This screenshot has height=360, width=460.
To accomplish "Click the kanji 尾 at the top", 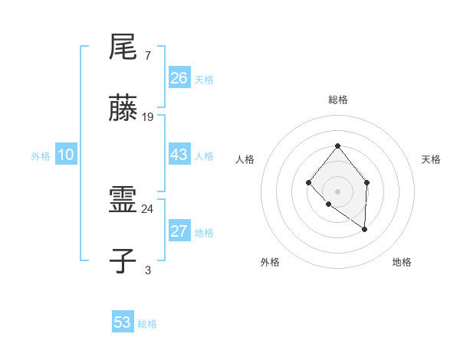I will point(123,47).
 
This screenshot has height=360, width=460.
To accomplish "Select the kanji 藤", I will point(123,109).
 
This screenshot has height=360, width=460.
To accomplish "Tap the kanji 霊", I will point(123,201).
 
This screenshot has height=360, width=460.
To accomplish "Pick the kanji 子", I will point(123,262).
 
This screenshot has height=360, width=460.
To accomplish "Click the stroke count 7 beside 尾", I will point(147,55).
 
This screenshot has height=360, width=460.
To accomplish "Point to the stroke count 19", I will point(148,116).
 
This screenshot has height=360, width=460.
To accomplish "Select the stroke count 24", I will point(148,208).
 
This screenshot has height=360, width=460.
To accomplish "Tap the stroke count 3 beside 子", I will point(147,270).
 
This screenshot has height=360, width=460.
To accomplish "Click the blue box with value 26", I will point(179,77).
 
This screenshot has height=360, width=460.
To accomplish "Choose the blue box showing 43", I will point(179,154).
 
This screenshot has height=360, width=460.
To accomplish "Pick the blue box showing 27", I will point(179,231).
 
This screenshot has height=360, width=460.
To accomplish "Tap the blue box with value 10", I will point(66,155).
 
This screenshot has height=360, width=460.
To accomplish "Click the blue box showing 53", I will point(123,322).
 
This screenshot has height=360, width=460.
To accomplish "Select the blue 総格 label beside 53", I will point(147,324).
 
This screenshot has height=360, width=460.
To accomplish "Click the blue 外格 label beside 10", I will point(41,156).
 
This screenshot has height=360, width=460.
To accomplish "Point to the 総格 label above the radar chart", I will point(337,100).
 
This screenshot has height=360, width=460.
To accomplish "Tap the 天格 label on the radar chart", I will point(432,159).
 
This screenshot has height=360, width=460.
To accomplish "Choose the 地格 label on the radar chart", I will point(402,263).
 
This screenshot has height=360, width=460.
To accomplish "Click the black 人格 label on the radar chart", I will point(245,159).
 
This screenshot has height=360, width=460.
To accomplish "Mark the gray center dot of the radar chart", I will point(337,191).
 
